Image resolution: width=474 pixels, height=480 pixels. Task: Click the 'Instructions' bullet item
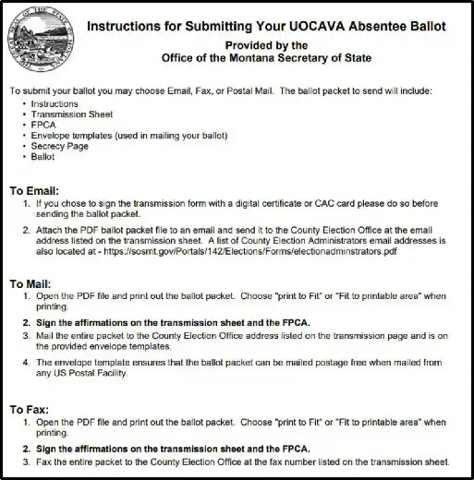point(55,104)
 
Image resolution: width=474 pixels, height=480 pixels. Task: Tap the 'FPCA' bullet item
point(43,125)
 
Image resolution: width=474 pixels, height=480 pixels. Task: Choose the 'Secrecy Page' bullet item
point(60,146)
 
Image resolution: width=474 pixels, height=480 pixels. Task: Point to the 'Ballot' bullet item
point(43,157)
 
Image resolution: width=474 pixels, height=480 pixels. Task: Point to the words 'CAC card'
point(355,203)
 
